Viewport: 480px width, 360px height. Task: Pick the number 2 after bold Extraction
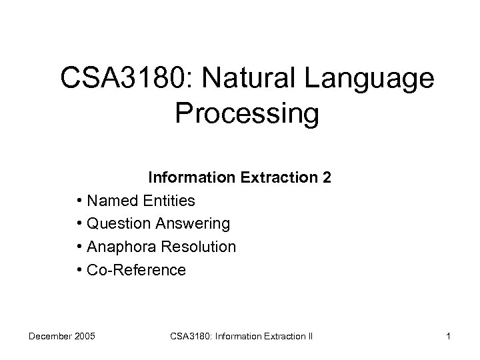[327, 179]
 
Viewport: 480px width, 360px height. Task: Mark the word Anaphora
[121, 247]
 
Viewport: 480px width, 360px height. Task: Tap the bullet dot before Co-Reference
[79, 270]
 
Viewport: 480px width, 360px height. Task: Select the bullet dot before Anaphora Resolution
[79, 247]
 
